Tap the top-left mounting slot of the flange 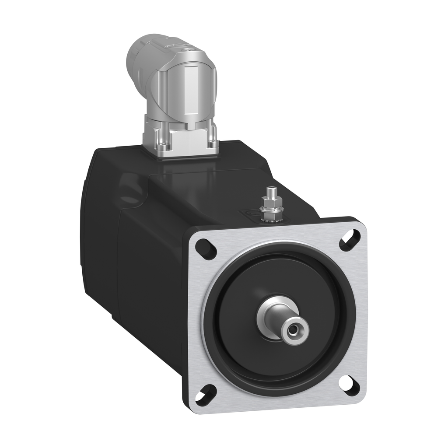point(206,248)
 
